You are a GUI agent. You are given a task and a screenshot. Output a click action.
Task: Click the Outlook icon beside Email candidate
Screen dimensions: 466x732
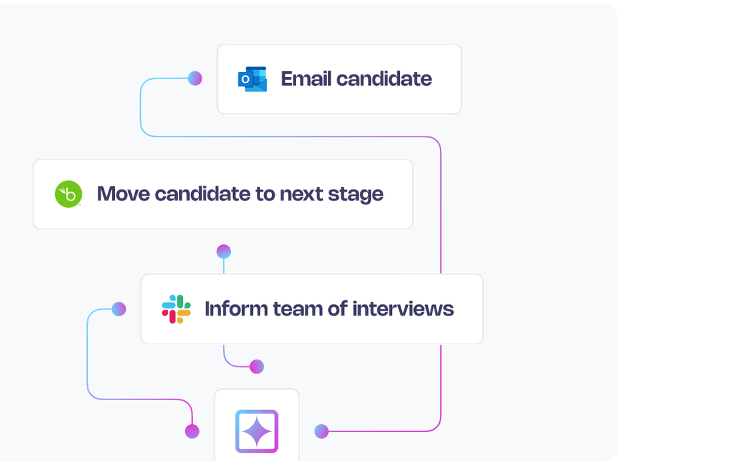[252, 79]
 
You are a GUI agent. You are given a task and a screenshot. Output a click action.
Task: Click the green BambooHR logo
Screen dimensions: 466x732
[68, 194]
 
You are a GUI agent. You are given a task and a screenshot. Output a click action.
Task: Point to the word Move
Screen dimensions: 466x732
[123, 194]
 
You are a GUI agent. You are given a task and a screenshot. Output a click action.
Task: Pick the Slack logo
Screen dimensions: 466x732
[176, 309]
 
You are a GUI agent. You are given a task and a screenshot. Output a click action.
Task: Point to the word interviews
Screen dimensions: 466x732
[403, 309]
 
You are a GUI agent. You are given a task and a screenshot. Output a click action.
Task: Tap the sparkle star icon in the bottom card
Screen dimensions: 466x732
[257, 431]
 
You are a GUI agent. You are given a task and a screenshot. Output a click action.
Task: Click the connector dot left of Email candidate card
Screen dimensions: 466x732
[195, 79]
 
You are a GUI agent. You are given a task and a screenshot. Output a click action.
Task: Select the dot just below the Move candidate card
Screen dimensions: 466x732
[224, 252]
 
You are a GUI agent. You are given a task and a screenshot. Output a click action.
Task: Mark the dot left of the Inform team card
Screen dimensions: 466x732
[119, 309]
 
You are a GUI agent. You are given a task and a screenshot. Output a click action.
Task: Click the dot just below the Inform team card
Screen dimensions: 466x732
[256, 367]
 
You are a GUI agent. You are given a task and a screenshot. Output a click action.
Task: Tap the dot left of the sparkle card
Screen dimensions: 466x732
[192, 431]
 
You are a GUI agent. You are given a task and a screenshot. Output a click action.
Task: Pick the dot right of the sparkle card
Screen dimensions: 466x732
[321, 431]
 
